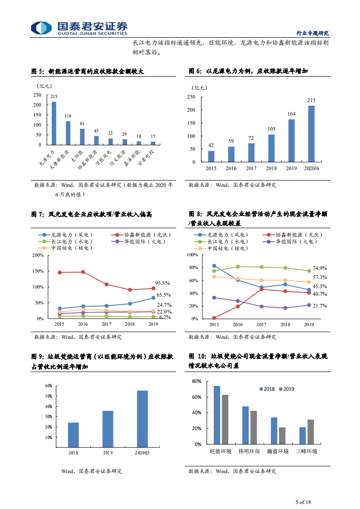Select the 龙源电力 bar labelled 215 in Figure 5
pyautogui.click(x=54, y=123)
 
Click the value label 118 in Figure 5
pyautogui.click(x=68, y=116)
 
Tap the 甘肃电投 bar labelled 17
pyautogui.click(x=153, y=143)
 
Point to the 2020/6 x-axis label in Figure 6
pyautogui.click(x=311, y=168)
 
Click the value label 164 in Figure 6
pyautogui.click(x=291, y=114)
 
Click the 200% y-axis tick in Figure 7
pyautogui.click(x=38, y=255)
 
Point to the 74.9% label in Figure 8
pyautogui.click(x=320, y=268)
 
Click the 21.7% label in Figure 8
pyautogui.click(x=320, y=306)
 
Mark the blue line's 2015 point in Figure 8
pyautogui.click(x=214, y=266)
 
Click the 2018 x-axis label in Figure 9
pyautogui.click(x=73, y=453)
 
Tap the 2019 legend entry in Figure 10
pyautogui.click(x=285, y=389)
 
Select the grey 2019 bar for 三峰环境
pyautogui.click(x=311, y=432)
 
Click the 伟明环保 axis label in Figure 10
pyautogui.click(x=249, y=451)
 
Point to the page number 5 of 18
pyautogui.click(x=303, y=502)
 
